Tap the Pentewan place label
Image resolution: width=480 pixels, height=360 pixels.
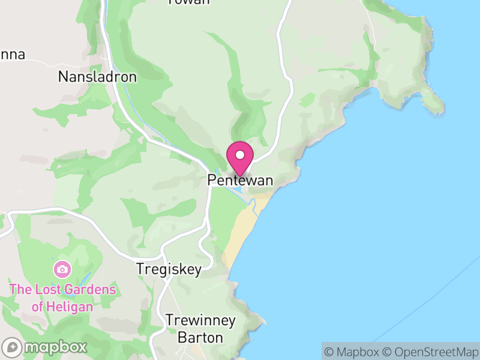tap(240, 180)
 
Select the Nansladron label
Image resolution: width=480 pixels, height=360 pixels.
tap(97, 77)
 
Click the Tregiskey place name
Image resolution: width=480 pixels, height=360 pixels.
tap(169, 269)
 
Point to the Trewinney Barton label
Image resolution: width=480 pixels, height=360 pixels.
tap(200, 328)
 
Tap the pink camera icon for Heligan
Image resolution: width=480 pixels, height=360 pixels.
tap(61, 269)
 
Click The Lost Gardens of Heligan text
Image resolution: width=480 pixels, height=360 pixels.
tap(62, 298)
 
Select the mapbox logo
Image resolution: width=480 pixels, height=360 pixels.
tap(45, 347)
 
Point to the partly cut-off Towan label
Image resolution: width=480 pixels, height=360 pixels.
tap(188, 2)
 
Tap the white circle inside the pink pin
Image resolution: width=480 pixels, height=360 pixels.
tap(240, 155)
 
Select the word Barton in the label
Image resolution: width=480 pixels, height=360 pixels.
tap(200, 337)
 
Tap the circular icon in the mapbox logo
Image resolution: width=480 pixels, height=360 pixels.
tap(12, 347)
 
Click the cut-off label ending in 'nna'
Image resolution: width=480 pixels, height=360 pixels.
tap(12, 55)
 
